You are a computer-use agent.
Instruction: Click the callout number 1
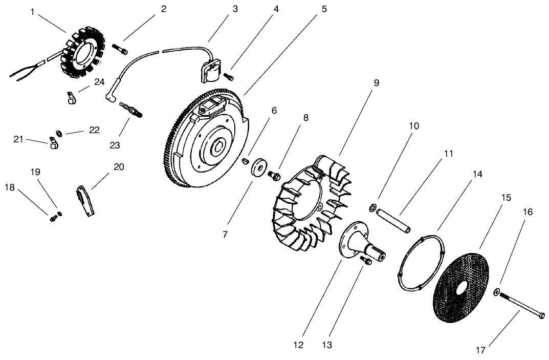tap(33, 11)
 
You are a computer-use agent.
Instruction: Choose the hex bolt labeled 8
tap(274, 176)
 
